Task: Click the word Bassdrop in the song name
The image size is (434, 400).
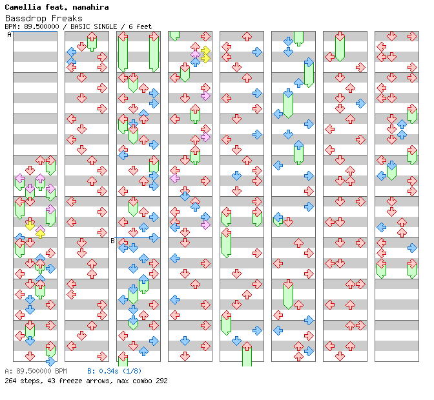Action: pyautogui.click(x=25, y=17)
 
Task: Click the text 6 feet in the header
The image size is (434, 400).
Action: pyautogui.click(x=140, y=26)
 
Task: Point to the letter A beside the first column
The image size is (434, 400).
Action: pyautogui.click(x=9, y=35)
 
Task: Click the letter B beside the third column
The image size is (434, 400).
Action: pyautogui.click(x=112, y=241)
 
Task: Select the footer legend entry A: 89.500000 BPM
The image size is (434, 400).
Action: pyautogui.click(x=36, y=372)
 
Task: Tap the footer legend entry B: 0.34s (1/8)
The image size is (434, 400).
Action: pyautogui.click(x=114, y=372)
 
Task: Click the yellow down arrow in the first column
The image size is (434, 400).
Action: pyautogui.click(x=30, y=225)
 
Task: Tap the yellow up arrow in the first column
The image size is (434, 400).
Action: pyautogui.click(x=40, y=232)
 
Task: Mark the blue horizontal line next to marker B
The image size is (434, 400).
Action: pyautogui.click(x=136, y=237)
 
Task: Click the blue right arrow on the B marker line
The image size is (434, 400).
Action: pyautogui.click(x=154, y=237)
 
